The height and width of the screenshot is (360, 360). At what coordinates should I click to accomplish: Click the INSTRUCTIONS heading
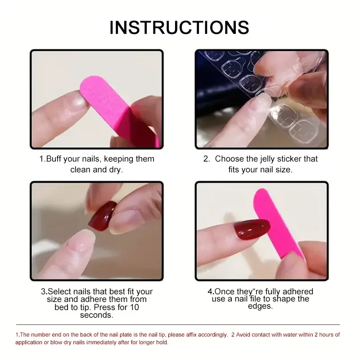coord(179,27)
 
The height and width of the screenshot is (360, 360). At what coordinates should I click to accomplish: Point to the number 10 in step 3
coord(134,307)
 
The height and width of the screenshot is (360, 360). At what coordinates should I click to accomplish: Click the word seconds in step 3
coord(96,315)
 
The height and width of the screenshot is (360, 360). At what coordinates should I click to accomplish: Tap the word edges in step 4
coord(260,306)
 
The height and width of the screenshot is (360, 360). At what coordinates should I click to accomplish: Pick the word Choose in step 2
coord(230,159)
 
